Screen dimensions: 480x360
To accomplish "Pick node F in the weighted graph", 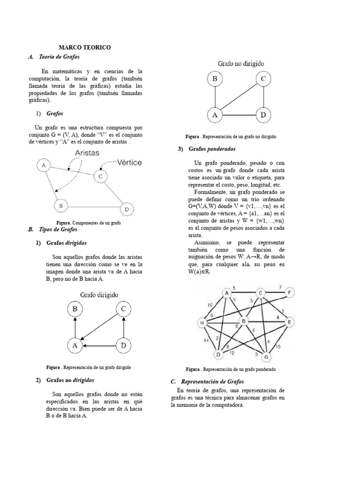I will pyautogui.click(x=290, y=293).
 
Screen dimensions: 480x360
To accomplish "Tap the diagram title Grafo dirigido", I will pyautogui.click(x=98, y=295).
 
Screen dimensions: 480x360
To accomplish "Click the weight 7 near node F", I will pyautogui.click(x=280, y=287).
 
